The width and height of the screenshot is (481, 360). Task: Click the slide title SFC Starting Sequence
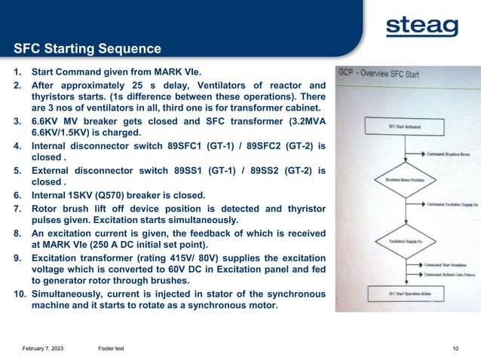point(87,50)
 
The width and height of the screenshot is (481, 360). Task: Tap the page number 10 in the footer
point(455,346)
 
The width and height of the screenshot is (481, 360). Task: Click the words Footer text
point(111,346)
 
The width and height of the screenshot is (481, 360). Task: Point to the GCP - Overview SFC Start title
point(378,73)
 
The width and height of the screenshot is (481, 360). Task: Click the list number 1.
point(17,73)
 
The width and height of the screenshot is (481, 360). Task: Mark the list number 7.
point(17,207)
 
